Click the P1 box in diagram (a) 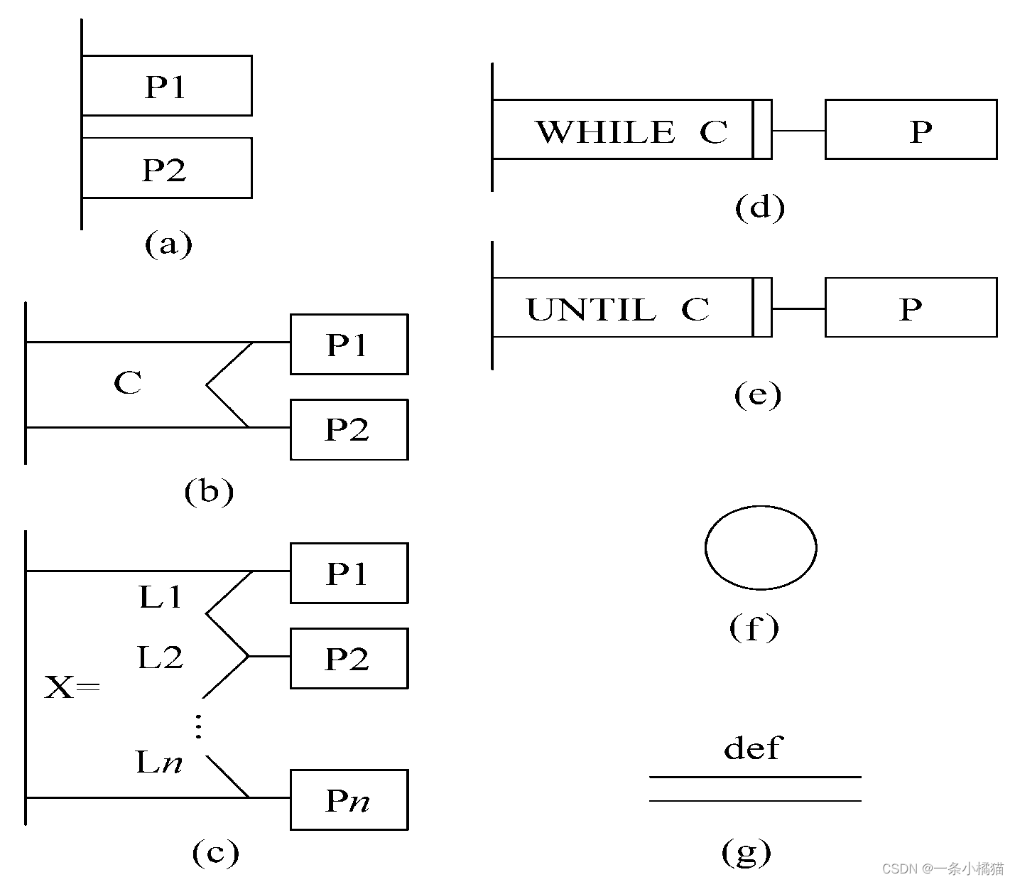click(x=166, y=85)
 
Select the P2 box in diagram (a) click(x=166, y=168)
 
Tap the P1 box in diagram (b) click(x=349, y=344)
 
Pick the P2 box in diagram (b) click(x=349, y=429)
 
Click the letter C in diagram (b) click(x=128, y=383)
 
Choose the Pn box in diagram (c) click(x=349, y=800)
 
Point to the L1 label click(x=161, y=597)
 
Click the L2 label click(x=161, y=657)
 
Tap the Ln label click(x=159, y=763)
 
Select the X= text click(x=72, y=687)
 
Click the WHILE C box click(x=622, y=129)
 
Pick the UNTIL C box click(x=622, y=308)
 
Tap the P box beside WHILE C click(x=911, y=129)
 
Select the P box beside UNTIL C click(x=911, y=308)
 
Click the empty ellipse click(x=761, y=547)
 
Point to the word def click(x=753, y=748)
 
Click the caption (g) click(x=746, y=851)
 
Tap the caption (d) click(x=759, y=207)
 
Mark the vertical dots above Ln click(x=198, y=726)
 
